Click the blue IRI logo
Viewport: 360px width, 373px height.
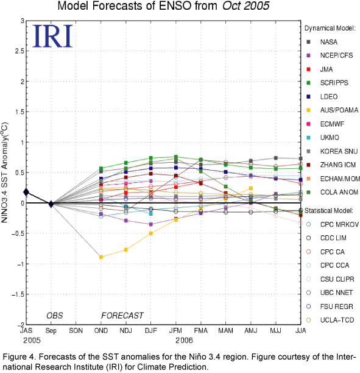[x=52, y=36]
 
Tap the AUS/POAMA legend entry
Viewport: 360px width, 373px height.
[x=333, y=110]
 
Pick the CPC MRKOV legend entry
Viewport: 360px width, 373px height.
[x=333, y=224]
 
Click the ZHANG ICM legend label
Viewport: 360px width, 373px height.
[x=338, y=165]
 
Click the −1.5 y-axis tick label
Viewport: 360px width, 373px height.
[x=18, y=294]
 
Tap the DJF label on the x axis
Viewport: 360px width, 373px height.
[x=150, y=331]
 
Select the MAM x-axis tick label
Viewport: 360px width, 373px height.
[x=225, y=331]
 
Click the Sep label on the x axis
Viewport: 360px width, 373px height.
[x=51, y=331]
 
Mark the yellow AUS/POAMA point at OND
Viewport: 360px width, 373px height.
[x=101, y=257]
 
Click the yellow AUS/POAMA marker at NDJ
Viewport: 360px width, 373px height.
[x=126, y=249]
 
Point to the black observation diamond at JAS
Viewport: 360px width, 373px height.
[x=26, y=192]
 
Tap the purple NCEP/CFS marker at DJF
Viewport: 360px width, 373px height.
[x=150, y=224]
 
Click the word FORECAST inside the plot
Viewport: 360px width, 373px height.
[x=122, y=316]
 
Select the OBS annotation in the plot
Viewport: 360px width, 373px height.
[x=55, y=316]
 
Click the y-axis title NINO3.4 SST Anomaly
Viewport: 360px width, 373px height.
[x=4, y=172]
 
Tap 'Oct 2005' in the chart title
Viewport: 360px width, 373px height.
[x=245, y=5]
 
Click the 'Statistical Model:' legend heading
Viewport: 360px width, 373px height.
[x=329, y=211]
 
